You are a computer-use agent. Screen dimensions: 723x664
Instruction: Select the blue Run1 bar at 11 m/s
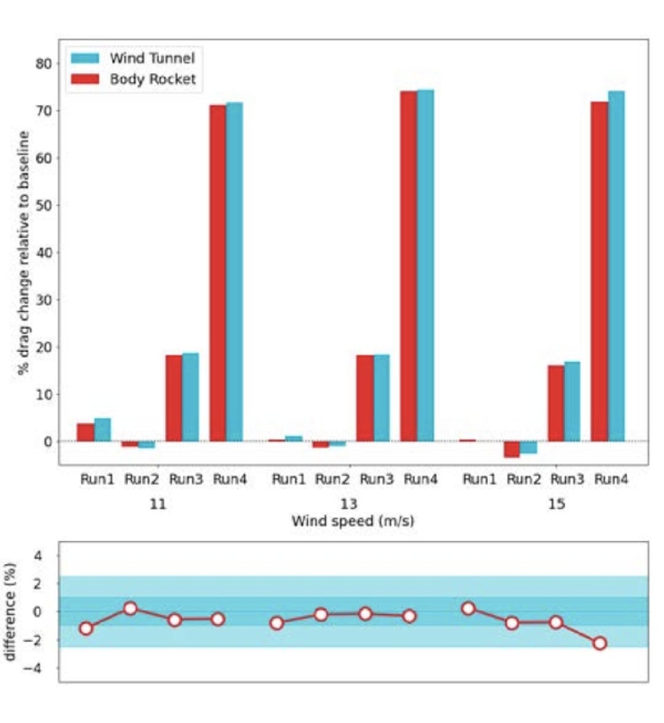(x=102, y=430)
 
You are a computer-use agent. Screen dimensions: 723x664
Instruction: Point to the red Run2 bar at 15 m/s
(x=512, y=449)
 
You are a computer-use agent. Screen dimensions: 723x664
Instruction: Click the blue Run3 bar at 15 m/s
(x=572, y=401)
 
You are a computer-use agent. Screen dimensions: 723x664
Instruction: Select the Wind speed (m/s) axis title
(x=352, y=522)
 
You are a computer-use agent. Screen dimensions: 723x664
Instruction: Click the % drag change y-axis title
(x=23, y=252)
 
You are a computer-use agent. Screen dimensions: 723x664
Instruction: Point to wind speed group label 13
(x=349, y=504)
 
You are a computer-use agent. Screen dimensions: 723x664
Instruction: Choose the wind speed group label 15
(x=557, y=504)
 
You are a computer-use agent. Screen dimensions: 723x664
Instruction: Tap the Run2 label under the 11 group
(x=142, y=479)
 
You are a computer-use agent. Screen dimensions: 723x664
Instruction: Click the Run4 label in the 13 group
(x=420, y=479)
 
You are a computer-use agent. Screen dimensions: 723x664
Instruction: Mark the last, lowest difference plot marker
(x=600, y=643)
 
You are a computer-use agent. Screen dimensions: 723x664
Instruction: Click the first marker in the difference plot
(x=86, y=628)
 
